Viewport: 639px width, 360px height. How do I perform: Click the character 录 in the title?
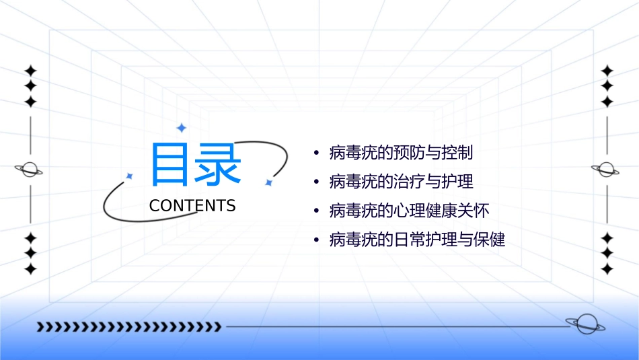217,164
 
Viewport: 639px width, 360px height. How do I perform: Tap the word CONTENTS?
192,206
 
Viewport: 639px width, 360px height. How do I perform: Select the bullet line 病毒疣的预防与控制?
401,153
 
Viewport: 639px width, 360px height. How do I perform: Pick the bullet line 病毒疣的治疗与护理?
401,182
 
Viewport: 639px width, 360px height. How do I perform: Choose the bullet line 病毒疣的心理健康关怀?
409,211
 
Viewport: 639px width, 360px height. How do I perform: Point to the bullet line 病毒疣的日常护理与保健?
417,240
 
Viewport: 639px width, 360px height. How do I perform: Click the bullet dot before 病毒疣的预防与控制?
316,153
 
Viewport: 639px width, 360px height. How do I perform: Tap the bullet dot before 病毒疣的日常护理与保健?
316,240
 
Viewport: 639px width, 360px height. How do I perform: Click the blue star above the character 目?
180,128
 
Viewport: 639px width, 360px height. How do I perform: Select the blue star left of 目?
129,176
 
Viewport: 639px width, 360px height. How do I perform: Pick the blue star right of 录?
268,182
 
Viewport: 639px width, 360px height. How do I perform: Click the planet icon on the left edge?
30,170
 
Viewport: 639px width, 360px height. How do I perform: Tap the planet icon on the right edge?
606,170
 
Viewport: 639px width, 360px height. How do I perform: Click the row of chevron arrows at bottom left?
128,327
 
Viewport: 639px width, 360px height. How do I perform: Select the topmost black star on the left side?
30,71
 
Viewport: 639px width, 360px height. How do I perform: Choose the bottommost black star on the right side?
607,268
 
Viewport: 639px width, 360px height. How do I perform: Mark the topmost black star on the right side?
607,71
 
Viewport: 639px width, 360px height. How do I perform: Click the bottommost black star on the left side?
30,268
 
